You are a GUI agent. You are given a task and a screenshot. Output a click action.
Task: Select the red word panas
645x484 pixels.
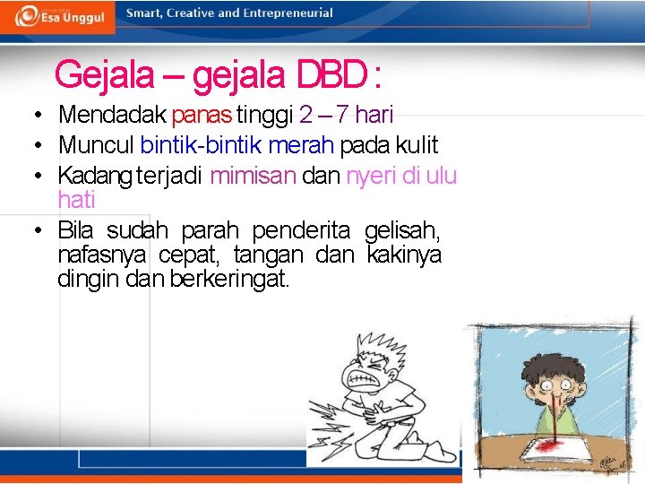(x=202, y=115)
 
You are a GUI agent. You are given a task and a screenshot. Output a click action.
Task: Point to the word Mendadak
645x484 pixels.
(x=113, y=115)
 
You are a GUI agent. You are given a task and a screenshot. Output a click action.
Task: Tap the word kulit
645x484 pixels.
(x=417, y=145)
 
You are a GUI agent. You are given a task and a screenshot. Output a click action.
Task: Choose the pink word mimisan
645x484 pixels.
(x=253, y=176)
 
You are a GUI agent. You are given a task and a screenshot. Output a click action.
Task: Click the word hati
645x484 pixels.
(x=76, y=200)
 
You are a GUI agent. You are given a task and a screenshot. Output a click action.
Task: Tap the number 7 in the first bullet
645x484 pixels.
(x=341, y=115)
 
